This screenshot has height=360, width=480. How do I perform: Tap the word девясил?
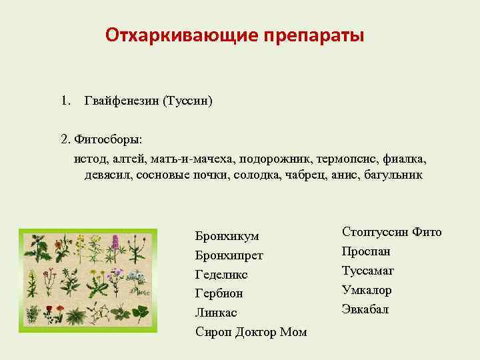pos(107,175)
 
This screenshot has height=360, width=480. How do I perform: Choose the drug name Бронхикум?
pos(227,236)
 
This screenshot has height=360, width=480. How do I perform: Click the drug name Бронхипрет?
pos(229,255)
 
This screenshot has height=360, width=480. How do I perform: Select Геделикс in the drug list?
pos(221,274)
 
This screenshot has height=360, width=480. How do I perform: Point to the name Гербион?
pos(219,293)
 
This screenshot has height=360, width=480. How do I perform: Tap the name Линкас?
pos(216,313)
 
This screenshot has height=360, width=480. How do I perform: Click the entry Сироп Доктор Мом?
pos(251,331)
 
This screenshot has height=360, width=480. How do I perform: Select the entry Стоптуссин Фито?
pos(391,232)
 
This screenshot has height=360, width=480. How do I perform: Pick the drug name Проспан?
pos(366,251)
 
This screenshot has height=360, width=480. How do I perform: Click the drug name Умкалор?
pos(367,290)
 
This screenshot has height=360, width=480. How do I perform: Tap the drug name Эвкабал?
pos(365,309)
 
